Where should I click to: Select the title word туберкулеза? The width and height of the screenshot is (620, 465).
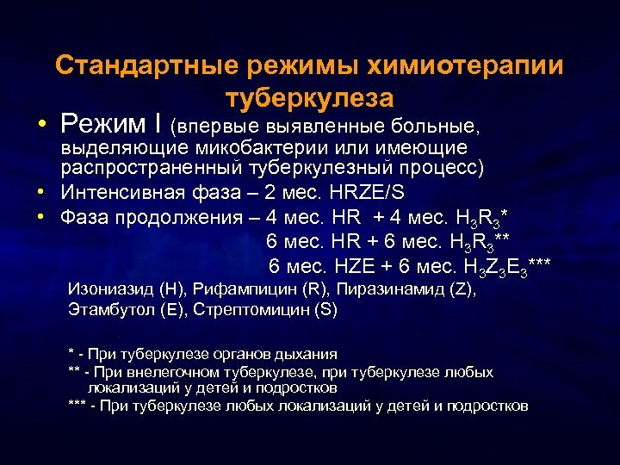click(x=310, y=96)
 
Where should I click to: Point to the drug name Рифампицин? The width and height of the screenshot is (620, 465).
click(x=243, y=290)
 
